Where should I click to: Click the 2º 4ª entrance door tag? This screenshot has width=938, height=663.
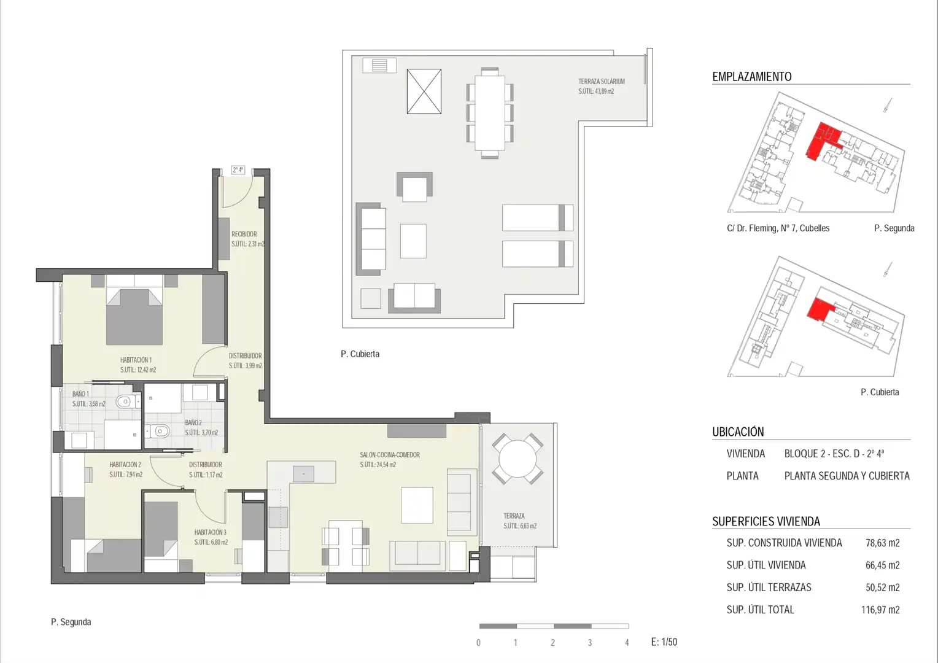238,170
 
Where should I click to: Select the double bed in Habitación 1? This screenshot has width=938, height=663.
134,317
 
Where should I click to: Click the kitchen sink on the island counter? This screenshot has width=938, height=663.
304,474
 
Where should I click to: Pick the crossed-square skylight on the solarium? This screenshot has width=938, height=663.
424,91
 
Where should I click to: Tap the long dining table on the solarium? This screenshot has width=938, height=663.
490,113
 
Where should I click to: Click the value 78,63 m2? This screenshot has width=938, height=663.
883,543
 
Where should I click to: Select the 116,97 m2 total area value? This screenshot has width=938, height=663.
880,610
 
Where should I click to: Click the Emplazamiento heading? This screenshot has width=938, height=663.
752,77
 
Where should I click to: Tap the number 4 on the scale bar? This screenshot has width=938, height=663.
627,643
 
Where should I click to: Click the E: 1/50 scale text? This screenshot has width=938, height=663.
664,642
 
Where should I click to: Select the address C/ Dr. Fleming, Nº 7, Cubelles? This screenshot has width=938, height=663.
778,228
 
